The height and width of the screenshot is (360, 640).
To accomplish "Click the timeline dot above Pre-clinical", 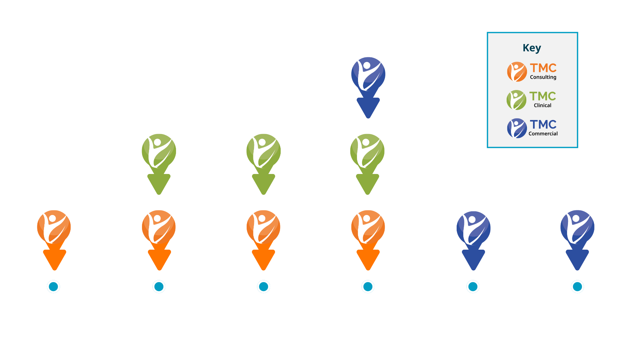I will point(53,287).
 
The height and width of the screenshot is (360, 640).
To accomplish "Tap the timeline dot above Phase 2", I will point(263,287).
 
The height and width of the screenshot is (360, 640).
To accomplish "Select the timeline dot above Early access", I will point(473,287).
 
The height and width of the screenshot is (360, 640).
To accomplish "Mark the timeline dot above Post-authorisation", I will point(577,287).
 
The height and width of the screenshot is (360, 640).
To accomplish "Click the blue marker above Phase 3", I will point(368,80).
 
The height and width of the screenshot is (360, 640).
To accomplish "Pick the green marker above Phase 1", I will point(159,157).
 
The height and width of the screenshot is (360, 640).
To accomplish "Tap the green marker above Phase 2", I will point(263,157).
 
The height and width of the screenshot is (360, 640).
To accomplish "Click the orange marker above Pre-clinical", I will point(54,233).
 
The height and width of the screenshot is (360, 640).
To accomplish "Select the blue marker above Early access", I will point(473,233).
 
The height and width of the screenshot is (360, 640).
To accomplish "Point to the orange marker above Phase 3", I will point(368,233).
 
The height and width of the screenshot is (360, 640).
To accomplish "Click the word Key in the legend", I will point(532,48).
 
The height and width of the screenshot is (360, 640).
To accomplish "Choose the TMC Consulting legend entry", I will point(532,72).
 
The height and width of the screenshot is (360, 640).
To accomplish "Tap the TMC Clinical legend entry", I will point(531,100).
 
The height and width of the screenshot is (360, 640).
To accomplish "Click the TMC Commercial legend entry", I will point(532,128).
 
